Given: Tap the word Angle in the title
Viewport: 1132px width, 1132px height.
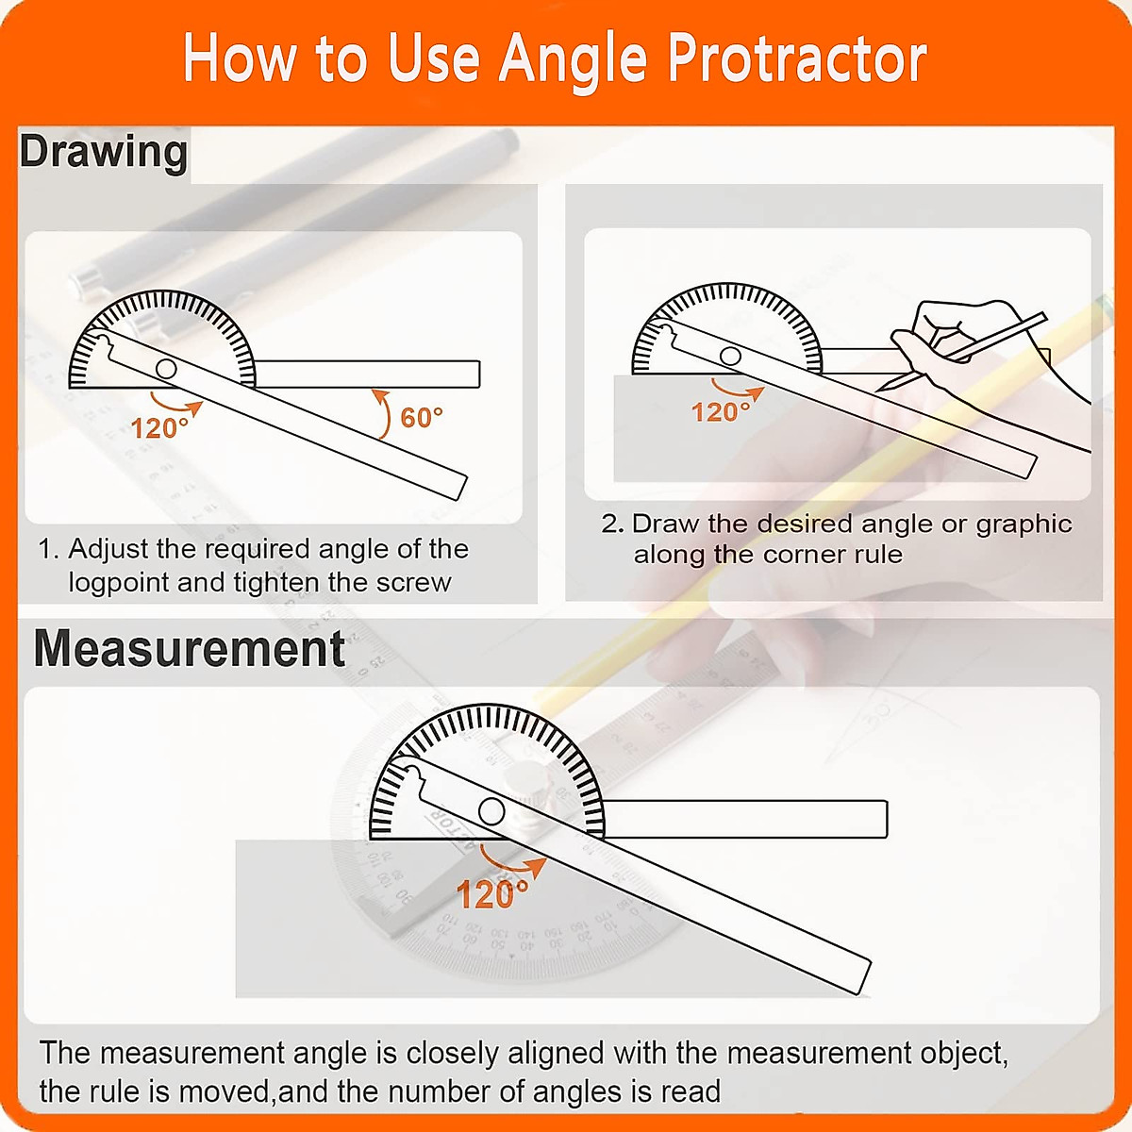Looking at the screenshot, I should pyautogui.click(x=573, y=58).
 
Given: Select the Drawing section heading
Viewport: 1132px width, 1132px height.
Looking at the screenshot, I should pyautogui.click(x=104, y=152).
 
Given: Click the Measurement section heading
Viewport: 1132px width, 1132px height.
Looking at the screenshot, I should pyautogui.click(x=190, y=649).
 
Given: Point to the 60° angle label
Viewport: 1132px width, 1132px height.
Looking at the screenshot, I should pyautogui.click(x=421, y=417).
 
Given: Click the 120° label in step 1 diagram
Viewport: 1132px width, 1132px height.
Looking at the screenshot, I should pyautogui.click(x=159, y=428).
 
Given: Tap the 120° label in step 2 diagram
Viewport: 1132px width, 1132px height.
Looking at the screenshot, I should pyautogui.click(x=721, y=412).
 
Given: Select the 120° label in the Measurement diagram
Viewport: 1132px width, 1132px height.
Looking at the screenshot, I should pyautogui.click(x=492, y=894).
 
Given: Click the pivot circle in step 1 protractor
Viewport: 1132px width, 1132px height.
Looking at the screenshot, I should pyautogui.click(x=167, y=369).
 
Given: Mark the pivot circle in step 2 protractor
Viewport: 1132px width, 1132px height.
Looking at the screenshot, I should pyautogui.click(x=730, y=356).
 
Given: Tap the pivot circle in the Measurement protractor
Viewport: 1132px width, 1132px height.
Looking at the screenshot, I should pyautogui.click(x=491, y=810).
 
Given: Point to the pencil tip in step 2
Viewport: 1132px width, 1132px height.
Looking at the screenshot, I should pyautogui.click(x=882, y=388).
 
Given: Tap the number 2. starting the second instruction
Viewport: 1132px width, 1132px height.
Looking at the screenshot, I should pyautogui.click(x=613, y=524).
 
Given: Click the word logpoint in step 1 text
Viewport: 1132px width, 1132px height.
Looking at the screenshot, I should pyautogui.click(x=119, y=583).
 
